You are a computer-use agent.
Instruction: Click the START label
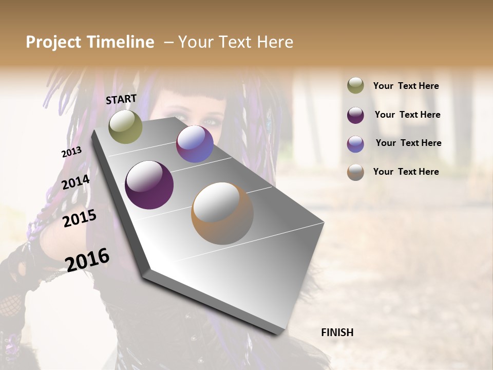pos(121,99)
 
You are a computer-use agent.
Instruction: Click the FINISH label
pos(337,332)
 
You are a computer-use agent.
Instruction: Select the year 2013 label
pos(71,152)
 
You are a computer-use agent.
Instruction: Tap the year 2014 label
pos(76,182)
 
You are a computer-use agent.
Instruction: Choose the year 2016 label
pos(87,260)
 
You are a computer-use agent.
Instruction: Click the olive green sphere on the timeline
pos(125,126)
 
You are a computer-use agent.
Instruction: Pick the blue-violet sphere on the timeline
pos(195,144)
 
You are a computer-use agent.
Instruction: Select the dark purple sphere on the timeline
pos(149,185)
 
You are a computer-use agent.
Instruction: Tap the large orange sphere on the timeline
pos(222,213)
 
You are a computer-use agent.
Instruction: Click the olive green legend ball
pos(355,85)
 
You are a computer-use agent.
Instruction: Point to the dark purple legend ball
pos(355,115)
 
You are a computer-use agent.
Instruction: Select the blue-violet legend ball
pos(355,143)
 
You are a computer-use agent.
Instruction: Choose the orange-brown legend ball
pos(355,172)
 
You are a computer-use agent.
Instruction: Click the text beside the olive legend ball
pos(406,86)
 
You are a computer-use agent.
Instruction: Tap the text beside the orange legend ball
pos(406,172)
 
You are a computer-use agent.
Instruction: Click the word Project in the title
pos(53,42)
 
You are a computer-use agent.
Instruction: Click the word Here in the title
pos(274,42)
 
